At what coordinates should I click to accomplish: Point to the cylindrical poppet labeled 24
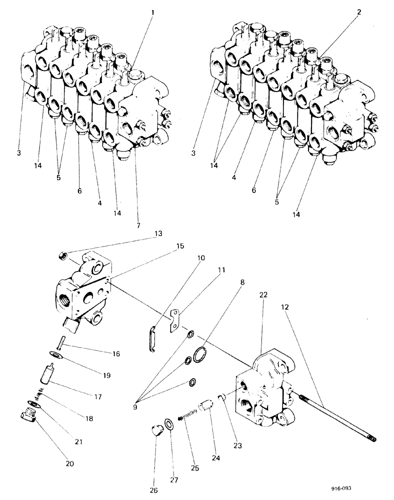point(205,406)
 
